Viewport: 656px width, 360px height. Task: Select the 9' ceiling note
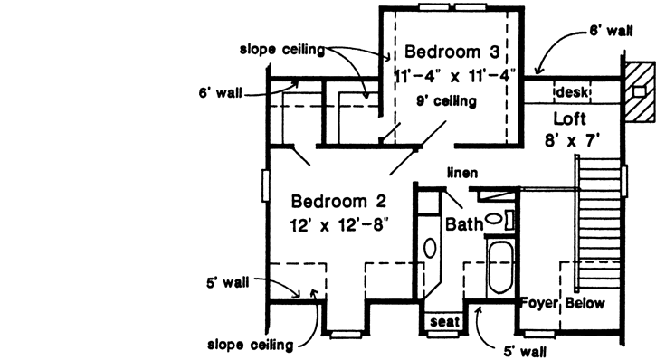pos(446,101)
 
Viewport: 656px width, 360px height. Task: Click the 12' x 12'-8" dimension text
pos(336,225)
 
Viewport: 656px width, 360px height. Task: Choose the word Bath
pos(464,223)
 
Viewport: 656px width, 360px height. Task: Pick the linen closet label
pos(461,172)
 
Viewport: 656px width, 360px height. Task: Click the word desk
pos(572,91)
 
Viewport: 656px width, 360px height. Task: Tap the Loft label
pos(571,118)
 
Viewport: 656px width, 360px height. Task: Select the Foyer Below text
pos(562,304)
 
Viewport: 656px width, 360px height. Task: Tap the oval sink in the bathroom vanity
pos(430,248)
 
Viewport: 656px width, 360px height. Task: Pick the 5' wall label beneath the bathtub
pos(525,346)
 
